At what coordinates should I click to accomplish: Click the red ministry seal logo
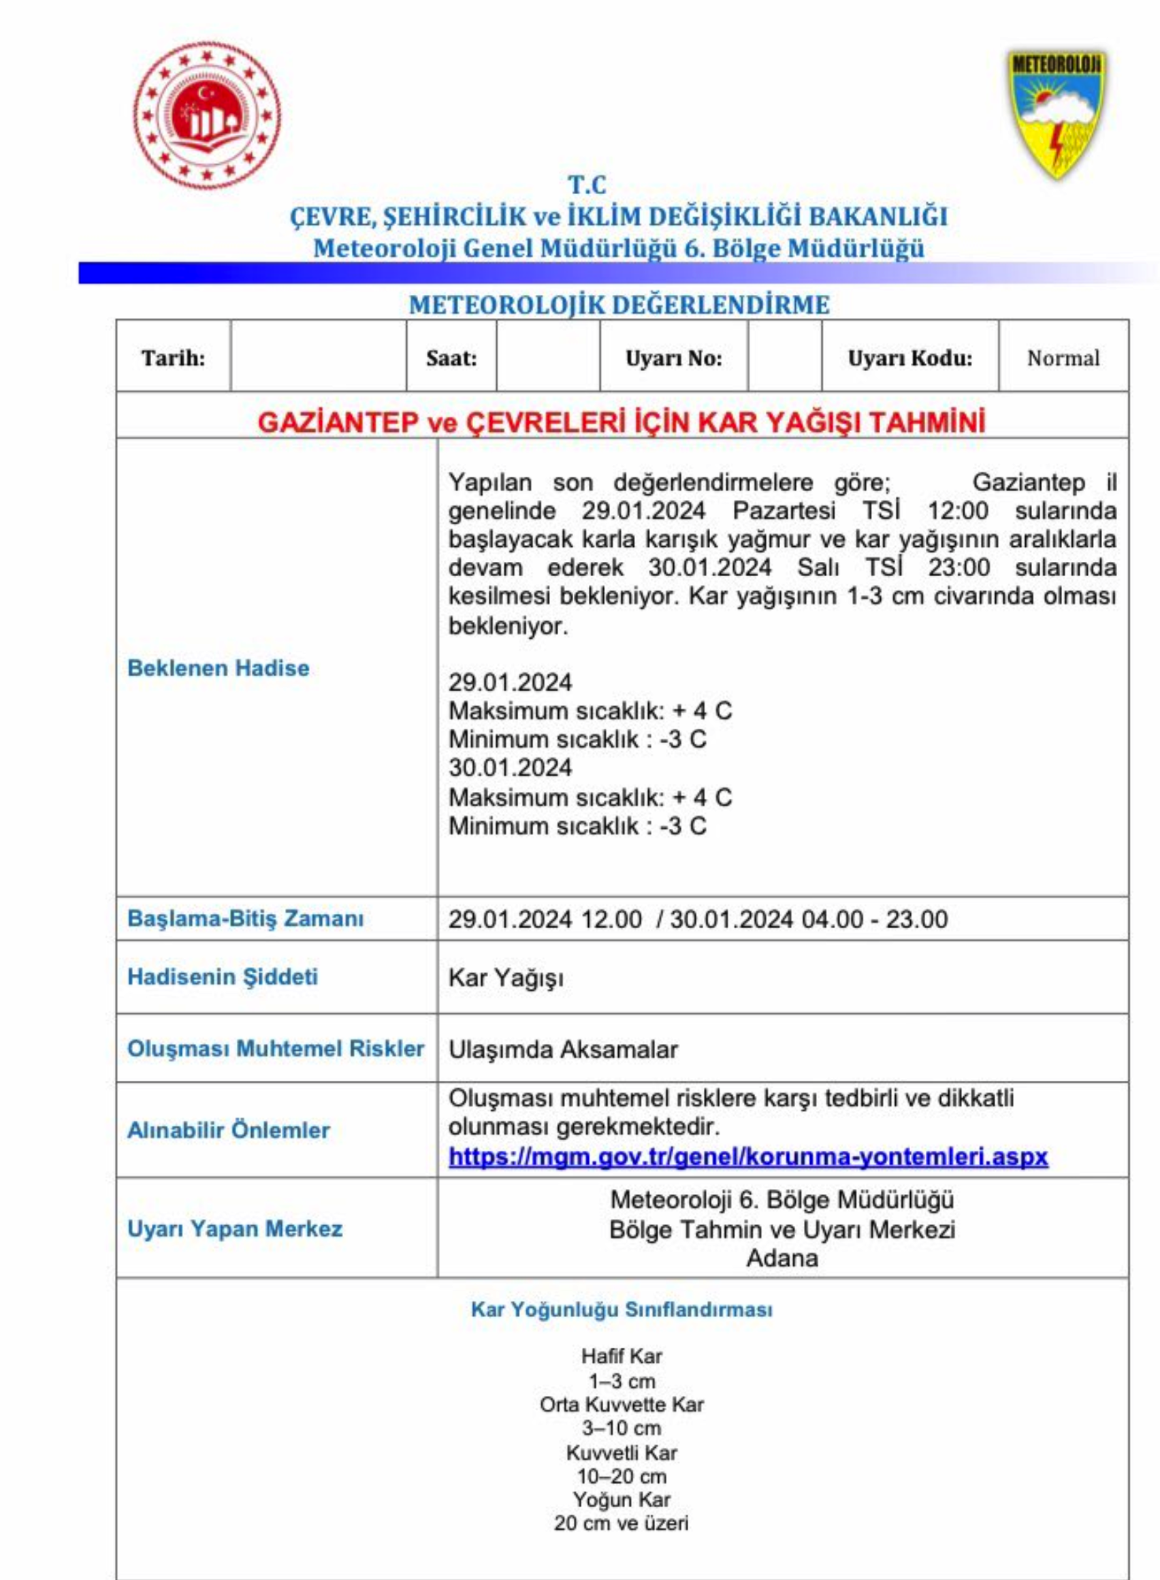(x=206, y=115)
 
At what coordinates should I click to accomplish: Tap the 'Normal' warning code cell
(x=1063, y=358)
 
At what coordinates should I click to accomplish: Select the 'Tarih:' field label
(x=173, y=358)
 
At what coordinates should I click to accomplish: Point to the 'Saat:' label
(x=451, y=358)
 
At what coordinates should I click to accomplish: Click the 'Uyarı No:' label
(x=673, y=358)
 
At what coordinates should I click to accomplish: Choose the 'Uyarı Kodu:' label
(x=910, y=358)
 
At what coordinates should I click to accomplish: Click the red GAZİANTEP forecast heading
(x=622, y=422)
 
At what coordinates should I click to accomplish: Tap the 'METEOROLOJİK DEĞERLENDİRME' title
(x=619, y=305)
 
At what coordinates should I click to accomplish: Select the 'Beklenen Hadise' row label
(x=219, y=667)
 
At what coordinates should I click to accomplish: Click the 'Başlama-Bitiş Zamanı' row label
(x=245, y=918)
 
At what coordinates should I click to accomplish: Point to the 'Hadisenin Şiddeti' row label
(x=223, y=977)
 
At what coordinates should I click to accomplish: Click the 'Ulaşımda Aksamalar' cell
(x=563, y=1049)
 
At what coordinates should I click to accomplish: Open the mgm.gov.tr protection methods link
(x=748, y=1156)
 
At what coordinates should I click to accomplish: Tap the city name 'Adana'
(x=782, y=1258)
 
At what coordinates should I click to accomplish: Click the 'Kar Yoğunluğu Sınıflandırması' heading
(x=622, y=1310)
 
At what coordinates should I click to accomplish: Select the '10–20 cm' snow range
(x=622, y=1476)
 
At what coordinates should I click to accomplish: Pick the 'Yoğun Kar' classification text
(x=622, y=1500)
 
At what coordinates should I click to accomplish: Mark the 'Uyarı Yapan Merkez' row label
(x=235, y=1229)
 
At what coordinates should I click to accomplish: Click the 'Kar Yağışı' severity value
(x=506, y=978)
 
